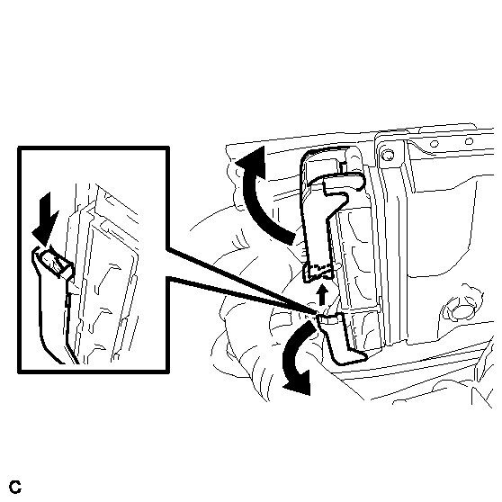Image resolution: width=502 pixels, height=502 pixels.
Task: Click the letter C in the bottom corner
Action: pos(15,487)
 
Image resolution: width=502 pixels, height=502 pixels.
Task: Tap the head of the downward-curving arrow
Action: pos(298,382)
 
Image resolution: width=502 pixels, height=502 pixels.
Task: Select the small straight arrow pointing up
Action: pos(322,294)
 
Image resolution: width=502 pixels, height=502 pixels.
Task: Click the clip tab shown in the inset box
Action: pos(54,260)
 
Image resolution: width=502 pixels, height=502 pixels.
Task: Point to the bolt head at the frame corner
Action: pos(389,156)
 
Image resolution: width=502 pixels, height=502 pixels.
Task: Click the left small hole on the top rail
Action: pos(434,144)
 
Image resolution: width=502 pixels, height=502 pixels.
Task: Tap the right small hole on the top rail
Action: pos(469,141)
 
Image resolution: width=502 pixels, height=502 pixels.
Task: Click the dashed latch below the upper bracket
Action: pos(318,273)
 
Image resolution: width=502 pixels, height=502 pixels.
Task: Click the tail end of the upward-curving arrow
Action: pos(290,238)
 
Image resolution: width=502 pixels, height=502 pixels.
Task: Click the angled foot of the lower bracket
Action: pos(350,356)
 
